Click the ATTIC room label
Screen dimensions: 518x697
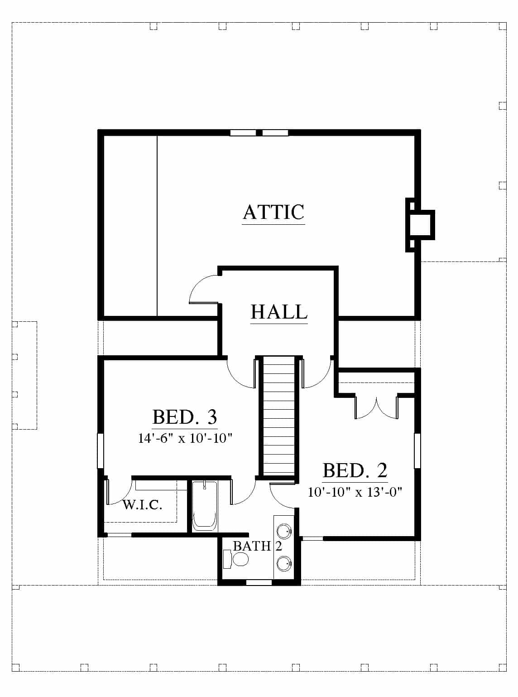coord(273,212)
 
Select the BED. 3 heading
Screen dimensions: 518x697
coord(185,416)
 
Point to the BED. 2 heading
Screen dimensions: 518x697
coord(355,470)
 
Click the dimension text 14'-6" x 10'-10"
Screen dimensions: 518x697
coord(185,438)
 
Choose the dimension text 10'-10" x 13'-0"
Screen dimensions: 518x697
coord(355,492)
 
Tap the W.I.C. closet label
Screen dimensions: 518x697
coord(142,505)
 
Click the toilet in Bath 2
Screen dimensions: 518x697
coord(236,559)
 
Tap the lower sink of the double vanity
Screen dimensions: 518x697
coord(284,563)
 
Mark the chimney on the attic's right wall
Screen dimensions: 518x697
coord(421,225)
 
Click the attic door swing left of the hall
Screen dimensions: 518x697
coord(203,289)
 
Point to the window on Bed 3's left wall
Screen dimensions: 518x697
coord(100,450)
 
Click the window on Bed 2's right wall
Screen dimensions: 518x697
coord(417,450)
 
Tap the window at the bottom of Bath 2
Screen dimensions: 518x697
coord(259,583)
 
